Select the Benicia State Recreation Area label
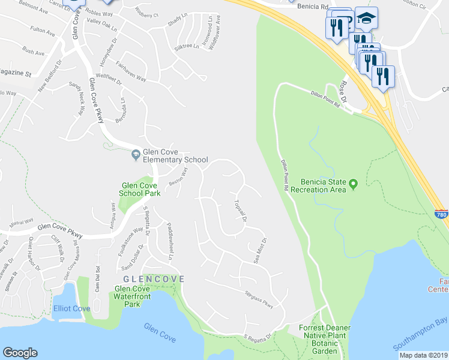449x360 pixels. pos(319,185)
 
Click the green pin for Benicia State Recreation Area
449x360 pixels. pos(354,183)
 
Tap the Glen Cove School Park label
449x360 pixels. pos(139,190)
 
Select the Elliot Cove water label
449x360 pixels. pos(71,308)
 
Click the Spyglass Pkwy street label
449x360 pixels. pos(259,299)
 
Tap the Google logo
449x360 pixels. pos(20,353)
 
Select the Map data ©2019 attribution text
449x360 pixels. pos(424,355)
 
